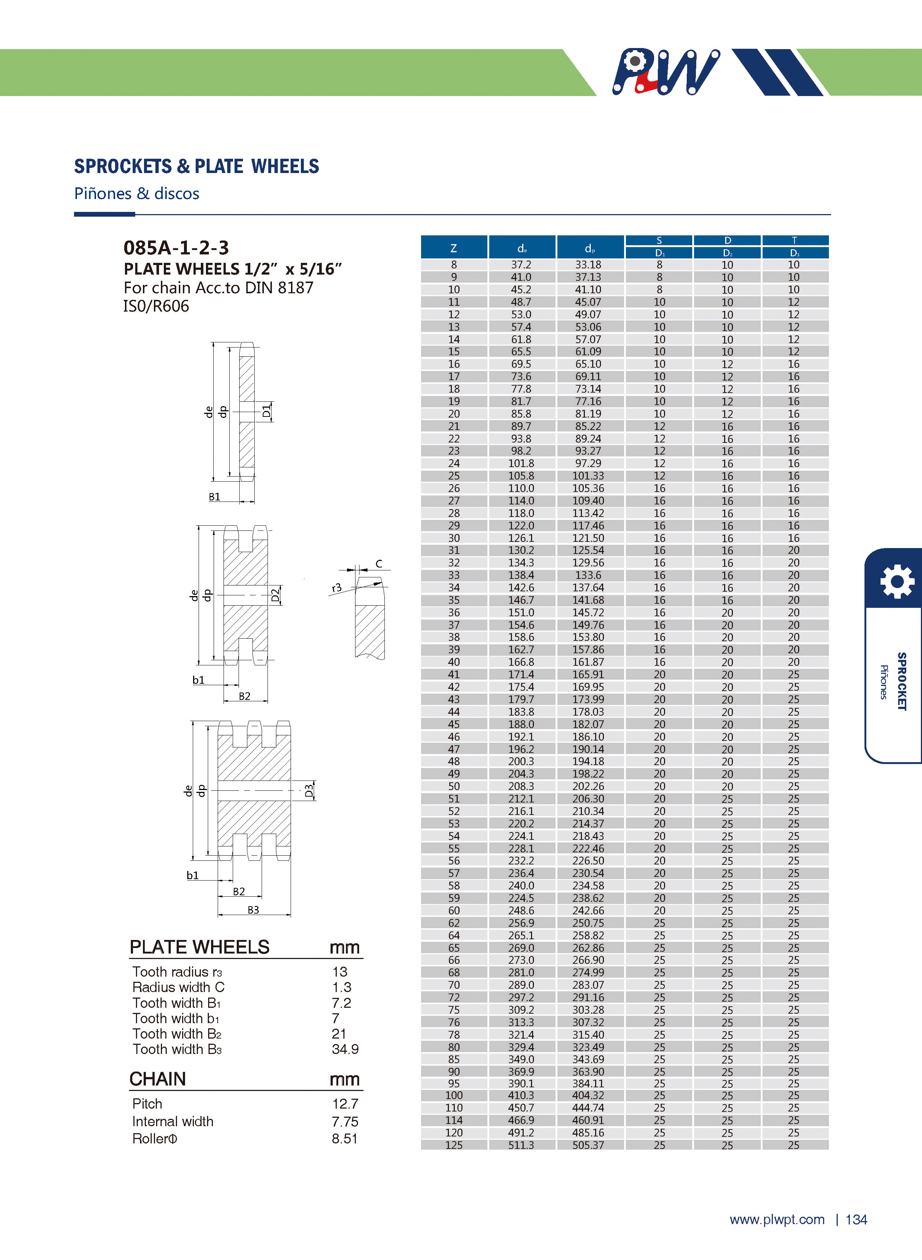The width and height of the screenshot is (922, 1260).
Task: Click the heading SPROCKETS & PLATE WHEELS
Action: (x=196, y=166)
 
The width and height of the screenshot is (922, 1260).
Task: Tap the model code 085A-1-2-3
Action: (x=176, y=247)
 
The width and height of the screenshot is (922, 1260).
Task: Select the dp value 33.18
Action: (x=588, y=265)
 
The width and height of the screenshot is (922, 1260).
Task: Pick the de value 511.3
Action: (x=521, y=1145)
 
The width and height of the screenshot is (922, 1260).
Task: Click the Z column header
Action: (x=453, y=248)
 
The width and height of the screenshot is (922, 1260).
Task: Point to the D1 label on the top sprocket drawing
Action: (x=267, y=412)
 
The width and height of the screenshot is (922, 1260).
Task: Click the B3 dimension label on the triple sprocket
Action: (x=253, y=910)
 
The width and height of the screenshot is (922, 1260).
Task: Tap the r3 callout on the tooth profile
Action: (x=336, y=587)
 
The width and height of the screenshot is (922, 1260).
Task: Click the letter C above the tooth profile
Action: (x=379, y=564)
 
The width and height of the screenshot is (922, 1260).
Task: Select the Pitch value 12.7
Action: (x=344, y=1104)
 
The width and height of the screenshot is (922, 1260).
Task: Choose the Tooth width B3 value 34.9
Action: (x=345, y=1049)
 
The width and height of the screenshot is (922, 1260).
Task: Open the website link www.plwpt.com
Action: (x=777, y=1219)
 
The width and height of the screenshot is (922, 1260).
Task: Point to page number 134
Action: (x=856, y=1219)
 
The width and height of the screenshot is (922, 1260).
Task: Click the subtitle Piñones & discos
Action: (x=137, y=194)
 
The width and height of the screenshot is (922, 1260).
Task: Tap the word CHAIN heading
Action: (x=157, y=1079)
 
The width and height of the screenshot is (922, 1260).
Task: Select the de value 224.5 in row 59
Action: (x=521, y=898)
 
